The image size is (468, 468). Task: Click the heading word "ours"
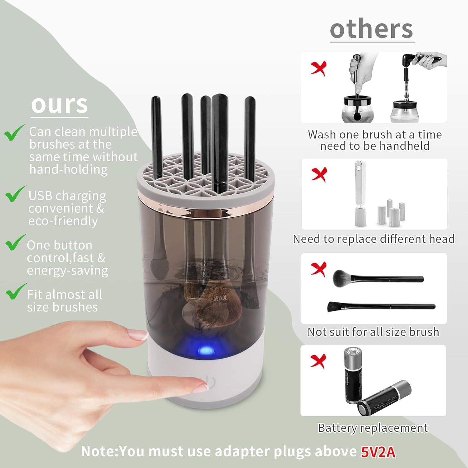tap(59, 105)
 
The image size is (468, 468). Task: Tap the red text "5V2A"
tap(378, 451)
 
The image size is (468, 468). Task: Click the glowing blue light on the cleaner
tap(205, 350)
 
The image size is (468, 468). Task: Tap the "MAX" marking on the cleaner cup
tap(220, 298)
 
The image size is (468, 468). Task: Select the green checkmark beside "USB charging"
tap(15, 194)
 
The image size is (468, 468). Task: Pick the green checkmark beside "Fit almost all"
tap(16, 292)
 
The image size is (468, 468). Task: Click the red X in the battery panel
tap(318, 361)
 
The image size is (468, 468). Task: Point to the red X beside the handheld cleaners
tap(319, 68)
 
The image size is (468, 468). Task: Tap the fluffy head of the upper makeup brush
tap(342, 278)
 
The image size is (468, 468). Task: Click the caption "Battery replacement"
tap(373, 428)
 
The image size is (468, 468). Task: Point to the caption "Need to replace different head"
tap(373, 239)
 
